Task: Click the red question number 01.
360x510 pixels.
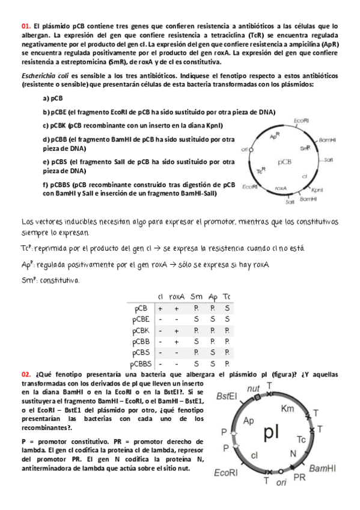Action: point(25,26)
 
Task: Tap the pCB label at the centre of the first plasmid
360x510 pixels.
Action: point(285,162)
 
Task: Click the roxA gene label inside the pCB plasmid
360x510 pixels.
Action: point(279,188)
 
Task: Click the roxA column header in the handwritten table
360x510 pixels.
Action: point(176,296)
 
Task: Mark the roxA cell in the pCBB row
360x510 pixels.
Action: point(176,342)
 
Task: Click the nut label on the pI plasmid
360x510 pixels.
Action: point(254,388)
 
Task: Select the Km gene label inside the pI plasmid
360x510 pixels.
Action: point(288,409)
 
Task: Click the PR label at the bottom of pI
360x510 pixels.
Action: point(299,478)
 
